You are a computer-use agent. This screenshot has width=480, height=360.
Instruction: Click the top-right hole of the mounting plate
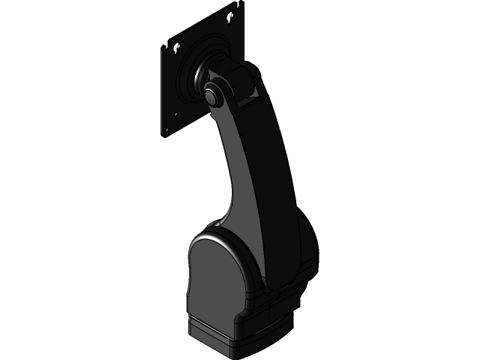pyautogui.click(x=232, y=16)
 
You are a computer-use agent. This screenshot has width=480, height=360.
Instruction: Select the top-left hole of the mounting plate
pyautogui.click(x=178, y=46)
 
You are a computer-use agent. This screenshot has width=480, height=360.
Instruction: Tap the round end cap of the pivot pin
pyautogui.click(x=212, y=95)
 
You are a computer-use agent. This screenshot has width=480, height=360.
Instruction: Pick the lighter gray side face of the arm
pyautogui.click(x=236, y=172)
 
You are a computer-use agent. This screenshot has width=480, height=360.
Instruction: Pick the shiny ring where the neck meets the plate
pyautogui.click(x=197, y=75)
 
